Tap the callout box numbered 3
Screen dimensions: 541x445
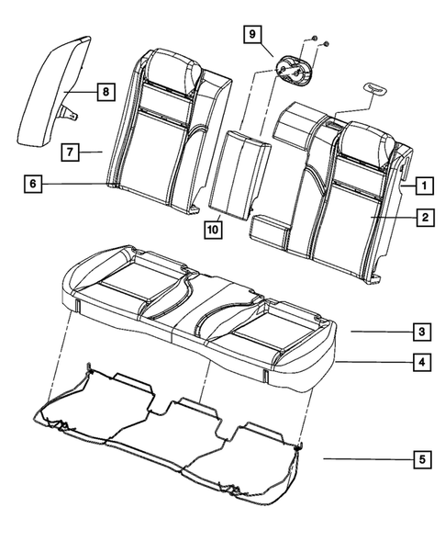[418, 331]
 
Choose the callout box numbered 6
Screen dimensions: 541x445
[34, 185]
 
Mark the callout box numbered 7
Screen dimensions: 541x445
[70, 151]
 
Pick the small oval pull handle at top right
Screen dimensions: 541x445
[378, 89]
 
